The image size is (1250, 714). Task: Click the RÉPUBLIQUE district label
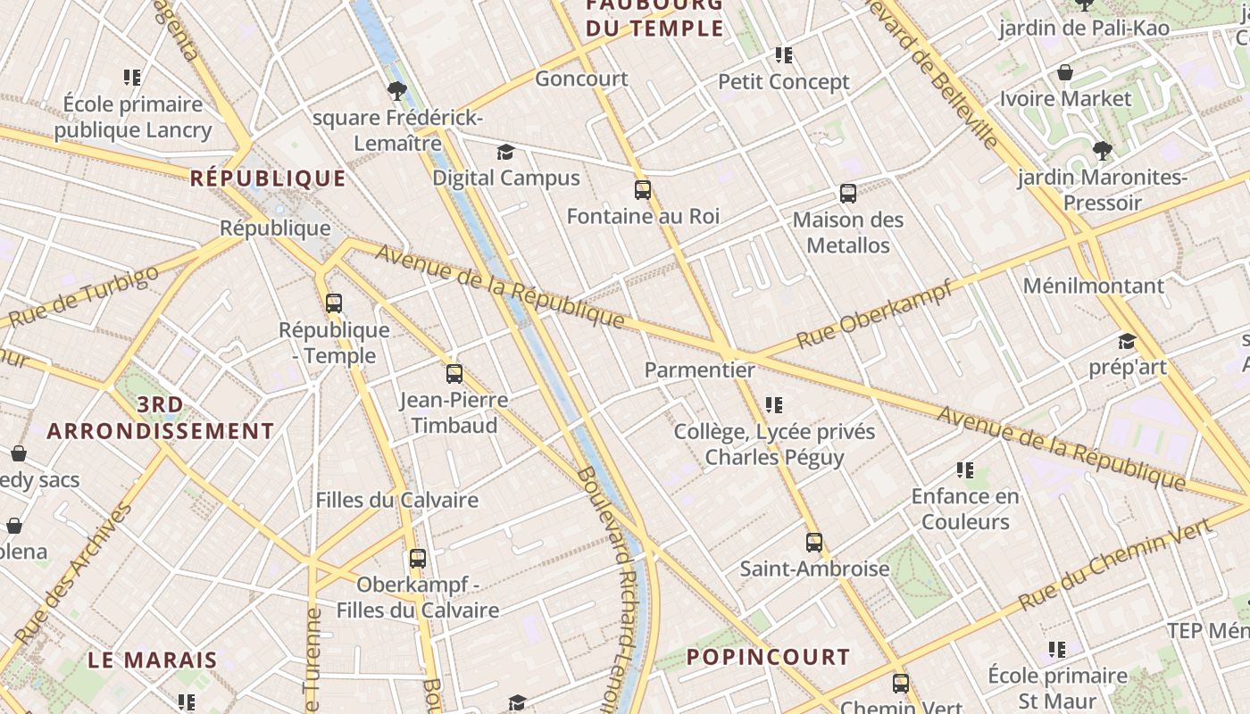coord(268,178)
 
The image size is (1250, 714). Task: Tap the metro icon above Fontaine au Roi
coord(642,189)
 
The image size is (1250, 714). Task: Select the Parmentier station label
coord(699,369)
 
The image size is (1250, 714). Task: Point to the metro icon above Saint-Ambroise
coord(813,542)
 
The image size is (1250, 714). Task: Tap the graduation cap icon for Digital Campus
coord(506,152)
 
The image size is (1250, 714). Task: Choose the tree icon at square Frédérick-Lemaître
coord(397,90)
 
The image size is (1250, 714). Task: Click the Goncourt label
coord(581,79)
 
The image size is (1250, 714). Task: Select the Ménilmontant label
coord(1093,286)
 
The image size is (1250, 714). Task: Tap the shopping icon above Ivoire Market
coord(1064,72)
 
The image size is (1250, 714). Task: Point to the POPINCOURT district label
coord(768,657)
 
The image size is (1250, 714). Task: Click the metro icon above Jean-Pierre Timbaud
coord(454,373)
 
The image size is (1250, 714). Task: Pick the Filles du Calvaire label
coord(396,500)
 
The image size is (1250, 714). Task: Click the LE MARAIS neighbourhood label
coord(153,660)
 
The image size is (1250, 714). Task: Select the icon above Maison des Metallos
coord(847,193)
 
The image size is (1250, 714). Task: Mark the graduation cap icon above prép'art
coord(1127,341)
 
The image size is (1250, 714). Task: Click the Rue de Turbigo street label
coord(85,296)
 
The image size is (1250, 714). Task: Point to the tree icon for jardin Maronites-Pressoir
coord(1103,150)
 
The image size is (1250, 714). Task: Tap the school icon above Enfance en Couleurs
coord(964,469)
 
